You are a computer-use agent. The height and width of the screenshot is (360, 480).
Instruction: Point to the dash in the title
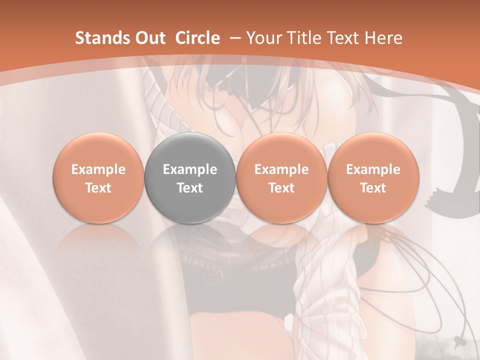coord(234,38)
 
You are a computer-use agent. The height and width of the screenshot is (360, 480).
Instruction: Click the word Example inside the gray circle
coord(190,169)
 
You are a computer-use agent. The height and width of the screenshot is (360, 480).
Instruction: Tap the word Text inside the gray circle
coord(190,188)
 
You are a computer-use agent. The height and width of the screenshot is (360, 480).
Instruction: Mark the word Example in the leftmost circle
coord(98,169)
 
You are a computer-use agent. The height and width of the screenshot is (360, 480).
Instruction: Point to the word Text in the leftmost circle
coord(98,188)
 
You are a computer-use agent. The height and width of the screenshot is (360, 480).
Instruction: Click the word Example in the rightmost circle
coord(373,169)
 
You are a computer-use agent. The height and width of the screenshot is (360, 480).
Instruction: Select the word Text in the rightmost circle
coord(373,188)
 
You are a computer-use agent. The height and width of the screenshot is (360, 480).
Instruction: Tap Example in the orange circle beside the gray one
coord(281,169)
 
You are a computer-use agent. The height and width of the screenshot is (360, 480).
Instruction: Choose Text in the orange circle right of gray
coord(281,188)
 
